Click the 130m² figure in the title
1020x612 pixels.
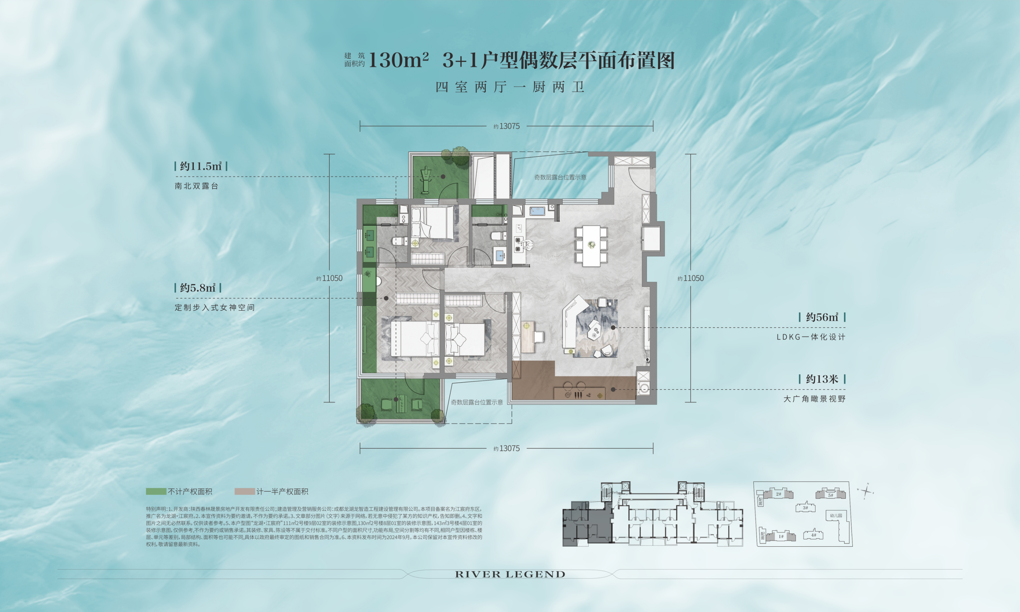[x=398, y=60]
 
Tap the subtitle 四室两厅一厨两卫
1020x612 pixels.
[x=510, y=87]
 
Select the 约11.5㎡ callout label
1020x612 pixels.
[x=201, y=166]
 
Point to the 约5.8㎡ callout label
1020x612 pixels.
[x=197, y=288]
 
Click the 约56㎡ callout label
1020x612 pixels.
[x=822, y=317]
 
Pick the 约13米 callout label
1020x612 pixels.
[x=822, y=379]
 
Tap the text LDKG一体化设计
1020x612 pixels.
[x=811, y=337]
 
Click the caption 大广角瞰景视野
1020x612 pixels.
[x=814, y=399]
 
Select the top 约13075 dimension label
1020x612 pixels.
[x=507, y=126]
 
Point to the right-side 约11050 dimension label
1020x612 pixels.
[x=691, y=278]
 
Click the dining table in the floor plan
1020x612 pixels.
[x=591, y=245]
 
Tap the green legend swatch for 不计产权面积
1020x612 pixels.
[x=156, y=492]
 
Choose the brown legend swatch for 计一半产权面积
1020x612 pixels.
[x=245, y=492]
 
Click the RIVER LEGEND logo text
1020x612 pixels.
[x=510, y=574]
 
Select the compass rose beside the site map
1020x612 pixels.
[x=866, y=491]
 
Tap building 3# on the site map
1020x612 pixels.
[x=805, y=507]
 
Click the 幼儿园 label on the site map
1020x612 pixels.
[x=836, y=516]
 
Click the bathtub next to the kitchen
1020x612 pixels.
[x=537, y=211]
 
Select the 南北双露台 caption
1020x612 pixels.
[x=196, y=186]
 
